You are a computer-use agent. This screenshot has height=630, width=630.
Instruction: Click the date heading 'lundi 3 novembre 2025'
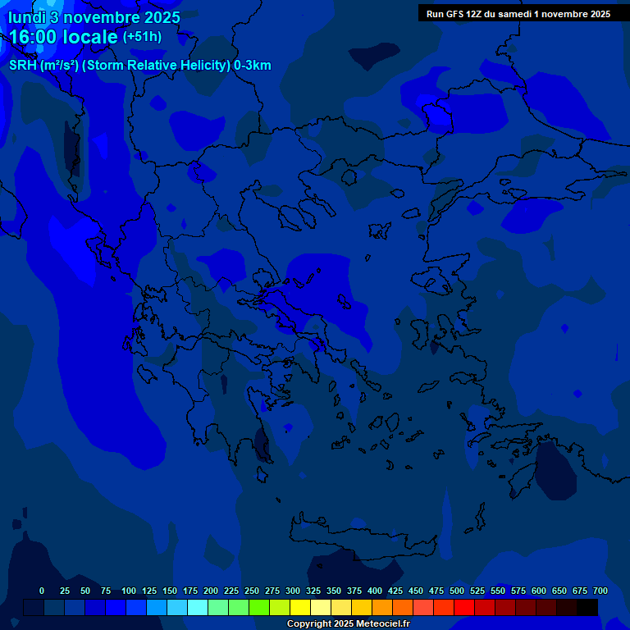tap(94, 17)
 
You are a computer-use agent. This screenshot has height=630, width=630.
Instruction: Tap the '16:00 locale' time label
tap(64, 38)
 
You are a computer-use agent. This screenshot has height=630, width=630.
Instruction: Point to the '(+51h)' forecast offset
tap(142, 38)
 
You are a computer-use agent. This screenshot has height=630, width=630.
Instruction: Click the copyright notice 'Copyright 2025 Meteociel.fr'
tap(348, 624)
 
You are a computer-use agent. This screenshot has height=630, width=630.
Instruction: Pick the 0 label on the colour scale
tap(42, 591)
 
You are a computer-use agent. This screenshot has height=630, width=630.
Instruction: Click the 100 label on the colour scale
tap(129, 591)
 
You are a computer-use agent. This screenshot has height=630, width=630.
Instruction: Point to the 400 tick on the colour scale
tap(375, 591)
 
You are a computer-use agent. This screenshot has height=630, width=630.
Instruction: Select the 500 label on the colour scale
tap(457, 591)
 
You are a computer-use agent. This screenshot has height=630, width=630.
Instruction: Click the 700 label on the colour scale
tap(600, 591)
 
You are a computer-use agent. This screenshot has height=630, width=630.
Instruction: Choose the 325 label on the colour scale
tap(313, 591)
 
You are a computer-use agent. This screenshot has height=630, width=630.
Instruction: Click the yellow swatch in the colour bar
tap(300, 607)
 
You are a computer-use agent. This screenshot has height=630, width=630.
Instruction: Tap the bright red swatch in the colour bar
tap(464, 607)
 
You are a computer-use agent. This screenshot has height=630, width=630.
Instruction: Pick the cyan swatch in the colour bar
tap(198, 607)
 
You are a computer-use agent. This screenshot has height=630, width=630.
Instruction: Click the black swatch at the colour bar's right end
tap(587, 607)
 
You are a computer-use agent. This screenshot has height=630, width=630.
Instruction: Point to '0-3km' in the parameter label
tap(253, 66)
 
